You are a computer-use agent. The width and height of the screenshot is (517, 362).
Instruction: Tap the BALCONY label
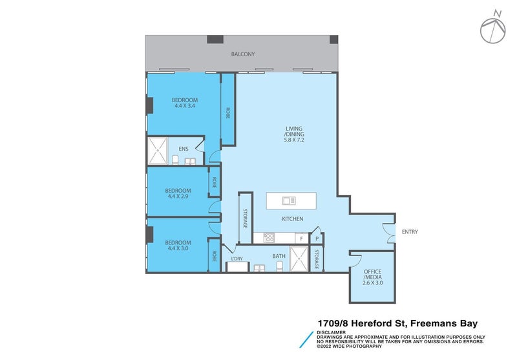tap(243, 55)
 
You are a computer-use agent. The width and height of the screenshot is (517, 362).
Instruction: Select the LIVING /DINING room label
tap(293, 134)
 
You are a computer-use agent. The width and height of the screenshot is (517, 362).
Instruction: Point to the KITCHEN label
tap(292, 219)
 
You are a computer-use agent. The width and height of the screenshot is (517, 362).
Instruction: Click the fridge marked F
tap(301, 239)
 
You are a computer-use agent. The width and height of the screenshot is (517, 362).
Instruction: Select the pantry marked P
tap(317, 239)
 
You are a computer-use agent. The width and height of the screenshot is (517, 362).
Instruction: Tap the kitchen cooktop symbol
tap(267, 239)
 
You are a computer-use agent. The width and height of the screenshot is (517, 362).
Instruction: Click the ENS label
tap(184, 149)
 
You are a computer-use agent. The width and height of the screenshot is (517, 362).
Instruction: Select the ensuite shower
tap(158, 151)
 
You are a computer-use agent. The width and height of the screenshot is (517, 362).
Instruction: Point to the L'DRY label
tap(237, 259)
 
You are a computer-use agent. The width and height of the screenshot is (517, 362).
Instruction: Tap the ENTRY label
tap(410, 231)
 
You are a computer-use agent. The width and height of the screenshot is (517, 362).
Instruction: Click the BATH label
tap(279, 256)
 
